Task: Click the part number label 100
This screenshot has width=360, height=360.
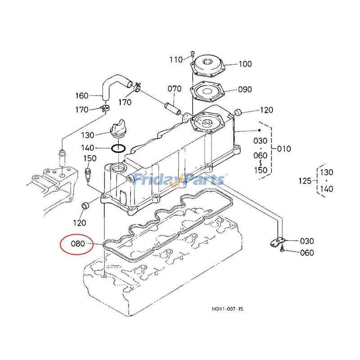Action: [x=245, y=64]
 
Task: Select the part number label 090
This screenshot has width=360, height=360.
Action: [x=245, y=89]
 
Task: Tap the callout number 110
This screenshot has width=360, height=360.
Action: [x=176, y=59]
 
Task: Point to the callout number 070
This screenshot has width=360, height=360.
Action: [x=175, y=89]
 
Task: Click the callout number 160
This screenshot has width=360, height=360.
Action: [x=82, y=95]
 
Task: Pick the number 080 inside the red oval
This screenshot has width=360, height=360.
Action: [x=78, y=245]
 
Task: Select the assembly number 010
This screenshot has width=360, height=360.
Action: [x=283, y=148]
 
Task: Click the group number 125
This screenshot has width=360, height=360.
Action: [x=305, y=181]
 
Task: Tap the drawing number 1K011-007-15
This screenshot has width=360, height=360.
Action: [x=227, y=309]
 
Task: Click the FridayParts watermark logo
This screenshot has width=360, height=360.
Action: [x=180, y=180]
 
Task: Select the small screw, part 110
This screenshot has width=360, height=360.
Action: [x=192, y=54]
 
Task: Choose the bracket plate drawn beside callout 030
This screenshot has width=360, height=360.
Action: [x=277, y=242]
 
